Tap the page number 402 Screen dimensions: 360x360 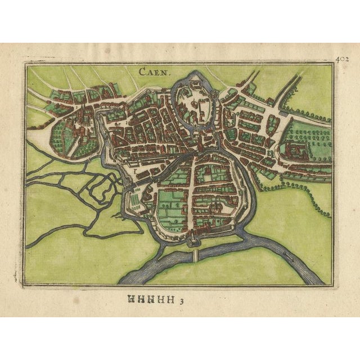point(343,57)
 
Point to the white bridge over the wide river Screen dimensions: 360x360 point(195,254)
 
